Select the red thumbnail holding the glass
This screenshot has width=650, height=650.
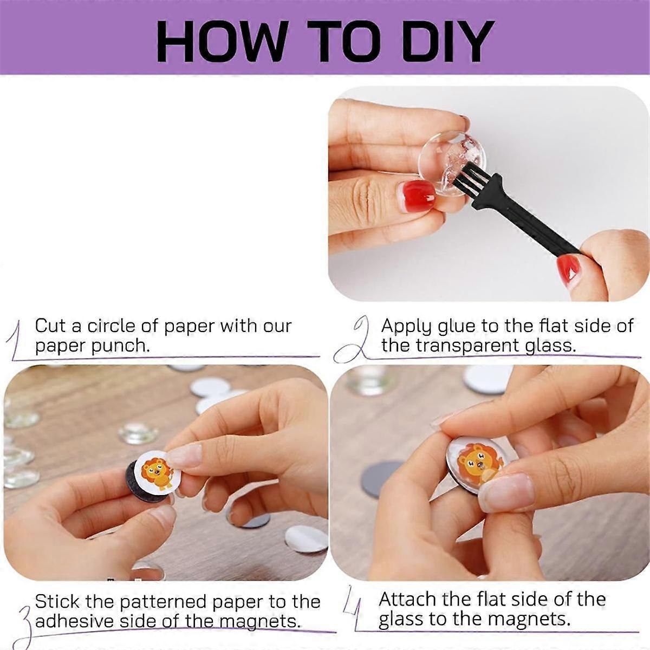pos(419,194)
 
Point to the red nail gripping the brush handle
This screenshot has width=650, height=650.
pos(569,270)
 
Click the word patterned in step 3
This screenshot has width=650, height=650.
pos(162,601)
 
